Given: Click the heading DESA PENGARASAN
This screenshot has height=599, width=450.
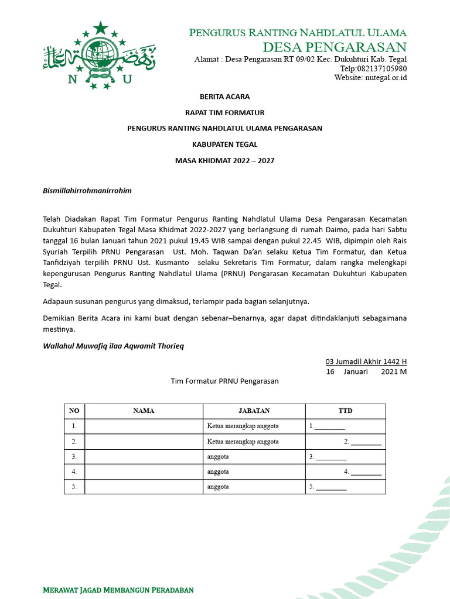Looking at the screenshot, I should point(335,47).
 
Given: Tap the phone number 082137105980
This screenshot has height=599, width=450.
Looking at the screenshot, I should point(373,68).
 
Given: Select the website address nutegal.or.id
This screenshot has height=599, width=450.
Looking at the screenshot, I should point(386,77).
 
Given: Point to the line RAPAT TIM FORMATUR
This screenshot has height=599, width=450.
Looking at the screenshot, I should point(224,112).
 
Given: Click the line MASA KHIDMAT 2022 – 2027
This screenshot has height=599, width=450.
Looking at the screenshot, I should point(224,160).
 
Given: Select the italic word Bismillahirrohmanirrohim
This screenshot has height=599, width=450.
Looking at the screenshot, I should point(87,190).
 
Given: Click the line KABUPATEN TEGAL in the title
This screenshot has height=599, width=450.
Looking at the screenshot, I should point(224,144).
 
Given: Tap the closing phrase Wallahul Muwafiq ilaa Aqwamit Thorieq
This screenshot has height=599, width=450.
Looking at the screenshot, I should point(113,346).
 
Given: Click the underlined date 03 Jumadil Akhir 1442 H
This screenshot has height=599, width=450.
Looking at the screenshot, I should point(366,362).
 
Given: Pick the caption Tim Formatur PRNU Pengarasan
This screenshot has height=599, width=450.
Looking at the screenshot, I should point(224,381).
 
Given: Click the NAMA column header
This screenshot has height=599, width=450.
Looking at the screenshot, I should point(144,411).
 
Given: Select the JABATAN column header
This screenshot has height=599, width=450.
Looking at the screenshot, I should point(254,411).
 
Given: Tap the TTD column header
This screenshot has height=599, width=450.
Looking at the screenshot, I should point(345,411).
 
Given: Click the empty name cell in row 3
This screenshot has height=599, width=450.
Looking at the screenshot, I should point(144,456).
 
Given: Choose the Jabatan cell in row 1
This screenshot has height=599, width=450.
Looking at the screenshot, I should point(254,426).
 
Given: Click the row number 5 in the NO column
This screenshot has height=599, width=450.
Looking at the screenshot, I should point(74,486).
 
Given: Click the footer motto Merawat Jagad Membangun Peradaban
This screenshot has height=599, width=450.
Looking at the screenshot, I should point(118,590).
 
